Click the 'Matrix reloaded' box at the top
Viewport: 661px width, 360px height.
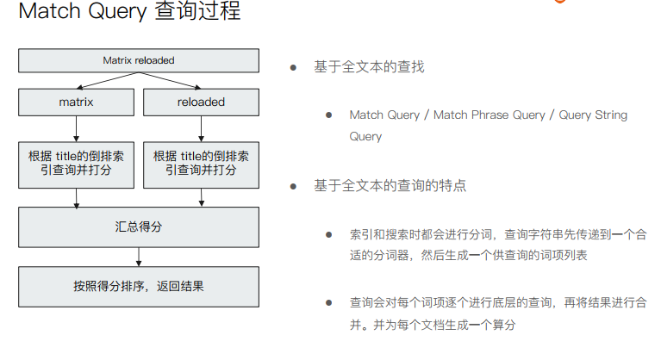[x=138, y=60]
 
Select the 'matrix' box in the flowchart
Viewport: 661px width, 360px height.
[x=76, y=102]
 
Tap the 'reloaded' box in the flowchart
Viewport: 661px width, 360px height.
[x=201, y=102]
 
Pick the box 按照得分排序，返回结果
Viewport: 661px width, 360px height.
[x=138, y=286]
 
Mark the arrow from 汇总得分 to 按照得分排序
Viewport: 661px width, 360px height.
[x=139, y=257]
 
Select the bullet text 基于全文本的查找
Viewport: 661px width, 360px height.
[x=369, y=66]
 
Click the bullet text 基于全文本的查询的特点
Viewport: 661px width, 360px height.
[x=390, y=185]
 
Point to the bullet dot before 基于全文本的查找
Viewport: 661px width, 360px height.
[x=293, y=66]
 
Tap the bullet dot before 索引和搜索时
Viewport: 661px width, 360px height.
[x=328, y=233]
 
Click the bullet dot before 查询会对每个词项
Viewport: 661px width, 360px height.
[x=328, y=302]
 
